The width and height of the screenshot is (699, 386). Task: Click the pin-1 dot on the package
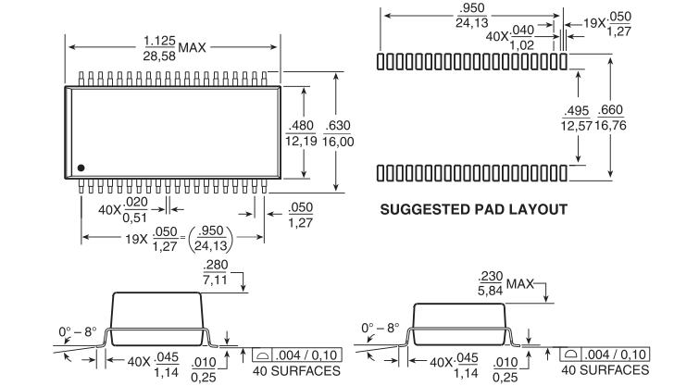tap(81, 168)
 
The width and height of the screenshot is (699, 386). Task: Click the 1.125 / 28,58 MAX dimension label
tap(174, 48)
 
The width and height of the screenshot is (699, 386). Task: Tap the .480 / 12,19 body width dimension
tap(301, 133)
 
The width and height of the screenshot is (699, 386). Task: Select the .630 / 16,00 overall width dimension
tap(338, 133)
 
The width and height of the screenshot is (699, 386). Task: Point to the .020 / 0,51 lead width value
tap(134, 210)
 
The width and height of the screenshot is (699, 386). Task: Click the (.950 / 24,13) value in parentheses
tap(211, 239)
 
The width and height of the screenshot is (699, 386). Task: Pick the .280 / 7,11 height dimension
tap(216, 272)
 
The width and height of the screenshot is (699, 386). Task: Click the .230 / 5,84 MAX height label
tap(506, 283)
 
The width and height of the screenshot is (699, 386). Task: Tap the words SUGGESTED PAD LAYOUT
tap(473, 209)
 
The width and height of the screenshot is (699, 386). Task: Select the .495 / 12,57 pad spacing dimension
tap(577, 118)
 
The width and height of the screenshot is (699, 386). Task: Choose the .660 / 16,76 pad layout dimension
tap(610, 118)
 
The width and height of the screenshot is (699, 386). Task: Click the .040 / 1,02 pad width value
tap(522, 37)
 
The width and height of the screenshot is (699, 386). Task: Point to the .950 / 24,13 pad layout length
tap(471, 16)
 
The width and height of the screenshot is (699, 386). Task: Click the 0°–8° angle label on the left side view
tap(77, 332)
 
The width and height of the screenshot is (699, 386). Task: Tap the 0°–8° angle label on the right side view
tap(381, 329)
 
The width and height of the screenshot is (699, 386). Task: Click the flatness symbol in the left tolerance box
tap(262, 355)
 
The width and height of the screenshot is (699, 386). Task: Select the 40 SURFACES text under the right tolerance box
tap(605, 370)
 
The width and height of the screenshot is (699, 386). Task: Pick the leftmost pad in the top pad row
tap(381, 61)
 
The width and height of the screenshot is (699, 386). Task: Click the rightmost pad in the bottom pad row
tap(564, 173)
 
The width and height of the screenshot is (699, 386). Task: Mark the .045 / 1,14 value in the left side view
tap(167, 365)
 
